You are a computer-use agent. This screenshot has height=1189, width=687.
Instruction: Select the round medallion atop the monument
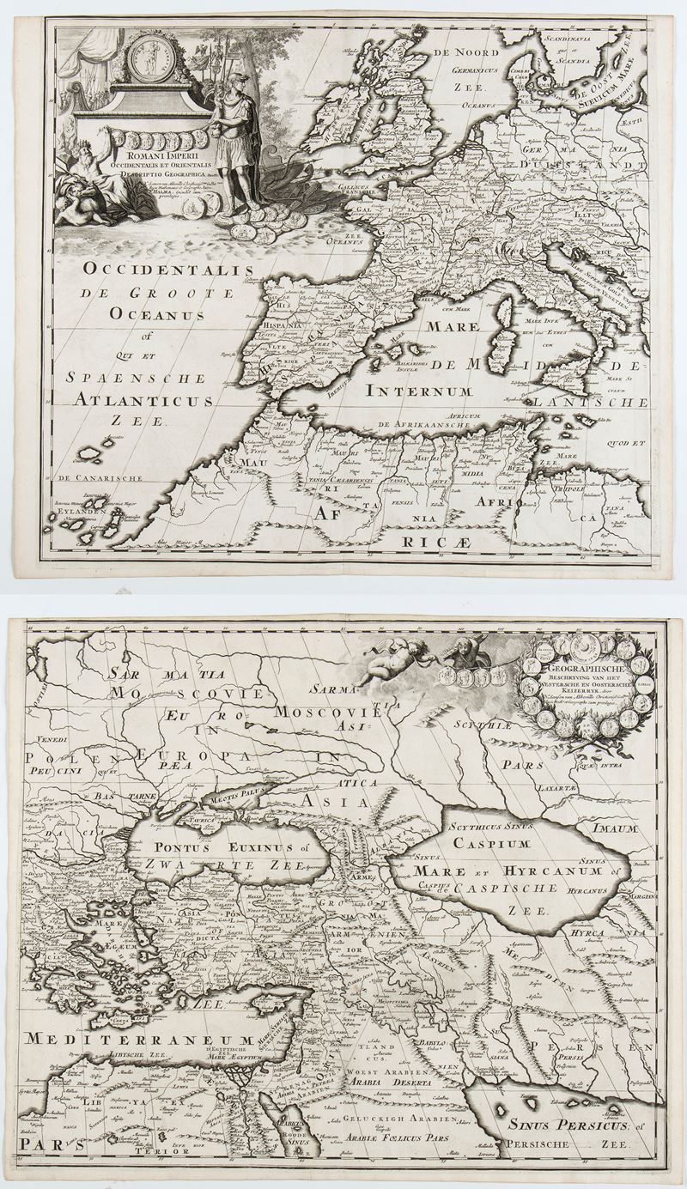[x=151, y=58]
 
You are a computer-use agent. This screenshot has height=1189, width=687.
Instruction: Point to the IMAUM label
[x=612, y=829]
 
